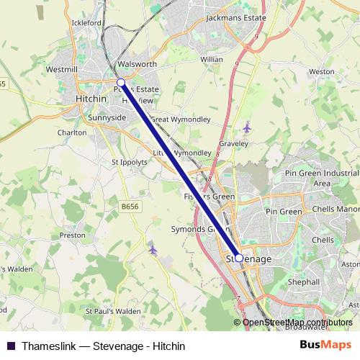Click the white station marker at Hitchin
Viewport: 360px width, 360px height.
121,83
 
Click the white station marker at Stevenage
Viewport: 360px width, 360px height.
239,257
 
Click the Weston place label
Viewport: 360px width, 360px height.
321,72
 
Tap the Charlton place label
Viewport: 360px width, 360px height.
72,132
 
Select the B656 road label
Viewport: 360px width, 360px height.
130,206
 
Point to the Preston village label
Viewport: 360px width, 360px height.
73,235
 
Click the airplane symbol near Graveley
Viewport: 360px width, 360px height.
247,127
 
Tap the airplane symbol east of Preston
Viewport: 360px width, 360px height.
152,249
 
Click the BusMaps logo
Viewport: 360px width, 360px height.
325,346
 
